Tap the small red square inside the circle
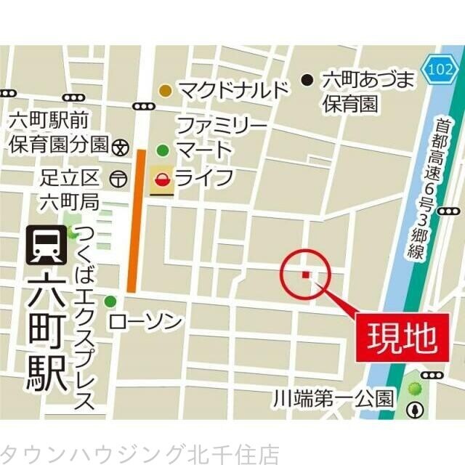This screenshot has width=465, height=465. coord(305,274)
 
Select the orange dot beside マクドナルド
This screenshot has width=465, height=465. coord(166,90)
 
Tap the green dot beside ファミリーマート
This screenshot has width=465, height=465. coord(163,151)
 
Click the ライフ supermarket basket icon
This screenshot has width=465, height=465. coord(163,179)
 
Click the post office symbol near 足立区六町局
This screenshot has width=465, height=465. coord(117,177)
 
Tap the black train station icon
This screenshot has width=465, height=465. coord(44,246)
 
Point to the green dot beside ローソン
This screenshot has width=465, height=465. coord(110,302)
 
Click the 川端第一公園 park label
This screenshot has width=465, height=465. coord(333,398)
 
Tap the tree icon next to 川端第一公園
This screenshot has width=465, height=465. coord(416,408)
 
